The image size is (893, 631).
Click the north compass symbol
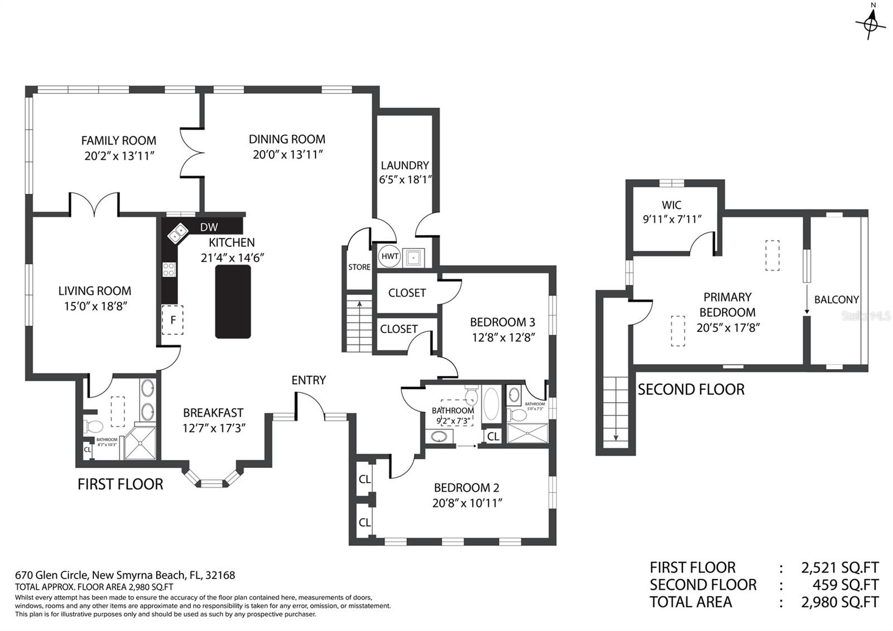tap(870, 23)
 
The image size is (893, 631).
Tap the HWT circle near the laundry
tap(390, 257)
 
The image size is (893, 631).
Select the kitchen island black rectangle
tap(233, 302)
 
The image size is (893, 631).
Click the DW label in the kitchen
tap(209, 227)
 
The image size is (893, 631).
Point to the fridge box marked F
tap(173, 320)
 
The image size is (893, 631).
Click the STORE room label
tap(359, 267)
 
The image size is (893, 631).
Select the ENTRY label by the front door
tap(309, 380)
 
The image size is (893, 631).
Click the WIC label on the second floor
tap(671, 205)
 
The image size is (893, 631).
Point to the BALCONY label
tap(836, 300)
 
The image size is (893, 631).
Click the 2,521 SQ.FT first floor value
tap(840, 568)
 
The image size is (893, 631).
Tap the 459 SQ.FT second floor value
tap(846, 585)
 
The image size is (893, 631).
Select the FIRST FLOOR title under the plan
tap(121, 484)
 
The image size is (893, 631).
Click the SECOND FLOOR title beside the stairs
tap(691, 390)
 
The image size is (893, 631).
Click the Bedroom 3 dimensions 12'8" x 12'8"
tap(503, 337)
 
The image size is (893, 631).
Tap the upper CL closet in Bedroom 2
tap(364, 479)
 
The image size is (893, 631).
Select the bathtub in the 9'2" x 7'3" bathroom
tap(491, 404)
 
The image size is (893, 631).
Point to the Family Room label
tap(118, 141)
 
